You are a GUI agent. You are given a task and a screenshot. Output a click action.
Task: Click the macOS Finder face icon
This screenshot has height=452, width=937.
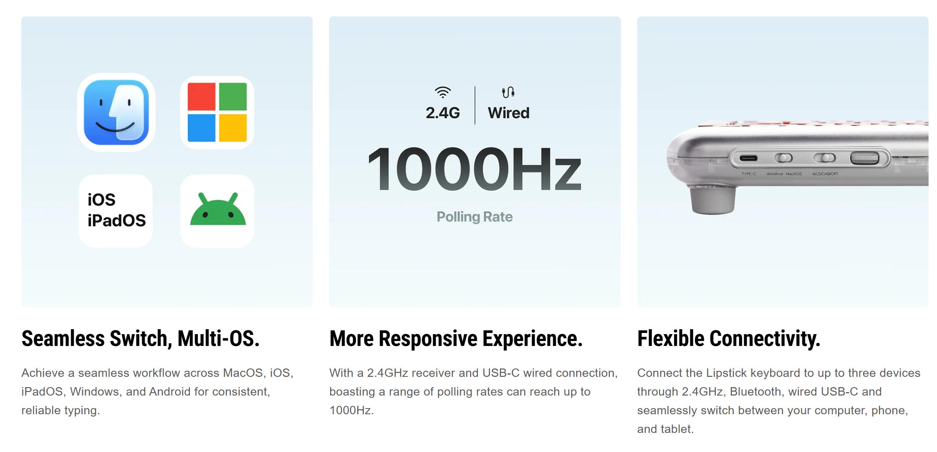coord(116,112)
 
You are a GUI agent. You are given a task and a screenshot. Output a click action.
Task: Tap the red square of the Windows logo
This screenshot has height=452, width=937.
coord(202,97)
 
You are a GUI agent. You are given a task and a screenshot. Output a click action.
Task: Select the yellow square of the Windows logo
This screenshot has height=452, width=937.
coord(233,128)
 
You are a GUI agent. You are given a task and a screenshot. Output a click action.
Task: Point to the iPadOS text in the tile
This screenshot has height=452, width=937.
coord(116,220)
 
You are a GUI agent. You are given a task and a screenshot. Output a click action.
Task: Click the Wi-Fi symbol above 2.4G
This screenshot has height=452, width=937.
coord(443,92)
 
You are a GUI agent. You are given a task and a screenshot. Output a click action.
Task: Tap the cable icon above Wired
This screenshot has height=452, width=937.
coord(508,92)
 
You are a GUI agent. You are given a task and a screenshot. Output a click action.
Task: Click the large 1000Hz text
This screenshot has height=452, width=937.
coord(474,169)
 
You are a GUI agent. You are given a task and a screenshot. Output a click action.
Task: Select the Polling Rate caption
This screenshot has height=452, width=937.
coord(475,217)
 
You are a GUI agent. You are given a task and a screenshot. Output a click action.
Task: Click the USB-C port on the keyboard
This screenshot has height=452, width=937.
coord(748,158)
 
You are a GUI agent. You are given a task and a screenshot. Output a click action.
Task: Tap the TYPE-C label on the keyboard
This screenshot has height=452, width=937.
coord(749,174)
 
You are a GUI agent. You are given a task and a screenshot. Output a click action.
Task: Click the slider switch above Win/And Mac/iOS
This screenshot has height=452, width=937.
coord(783,158)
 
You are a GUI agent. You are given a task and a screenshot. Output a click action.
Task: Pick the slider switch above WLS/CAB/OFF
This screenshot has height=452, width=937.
coord(824,158)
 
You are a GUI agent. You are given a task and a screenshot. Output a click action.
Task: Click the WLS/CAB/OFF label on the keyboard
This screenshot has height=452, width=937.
coord(825,174)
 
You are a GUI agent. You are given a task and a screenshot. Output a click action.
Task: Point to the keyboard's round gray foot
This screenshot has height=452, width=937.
coord(713,200)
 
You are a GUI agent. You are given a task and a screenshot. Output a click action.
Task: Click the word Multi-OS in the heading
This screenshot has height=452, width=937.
coord(218,338)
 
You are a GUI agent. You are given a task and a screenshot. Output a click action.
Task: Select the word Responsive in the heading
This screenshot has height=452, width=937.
coord(428,339)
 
